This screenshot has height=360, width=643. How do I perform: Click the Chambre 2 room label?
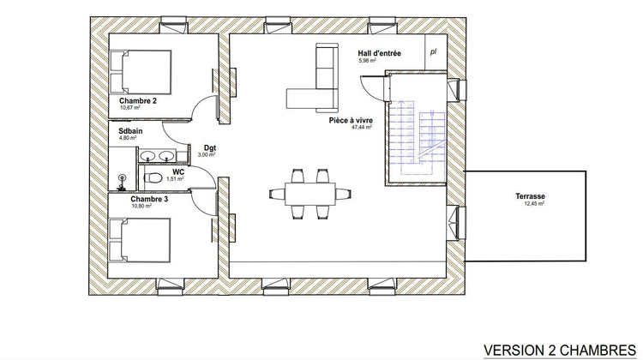coord(138,101)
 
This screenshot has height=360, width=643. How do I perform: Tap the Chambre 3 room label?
coord(137,199)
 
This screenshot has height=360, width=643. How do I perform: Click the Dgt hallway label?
coord(209,147)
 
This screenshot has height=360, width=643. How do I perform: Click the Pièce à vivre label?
coord(351,121)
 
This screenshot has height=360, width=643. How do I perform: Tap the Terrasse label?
coord(531,195)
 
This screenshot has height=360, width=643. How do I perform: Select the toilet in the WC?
coord(153,177)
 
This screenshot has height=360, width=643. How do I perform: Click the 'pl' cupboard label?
coord(434,51)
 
